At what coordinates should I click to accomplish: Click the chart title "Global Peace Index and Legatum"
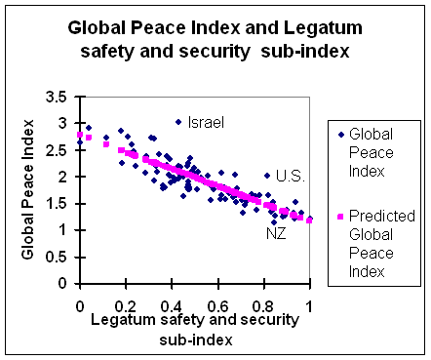point(215,28)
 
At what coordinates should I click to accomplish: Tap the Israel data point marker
point(178,122)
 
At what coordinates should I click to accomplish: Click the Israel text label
point(206,123)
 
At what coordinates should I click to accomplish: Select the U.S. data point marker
point(267,176)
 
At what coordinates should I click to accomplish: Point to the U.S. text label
point(291,177)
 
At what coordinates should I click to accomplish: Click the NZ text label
point(276,233)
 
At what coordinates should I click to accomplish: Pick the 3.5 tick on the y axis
point(57,97)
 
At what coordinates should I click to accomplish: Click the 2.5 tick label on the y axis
point(57,150)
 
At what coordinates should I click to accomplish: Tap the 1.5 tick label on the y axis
point(57,204)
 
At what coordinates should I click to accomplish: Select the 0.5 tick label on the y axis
point(57,258)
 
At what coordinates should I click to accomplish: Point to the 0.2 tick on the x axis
point(126,306)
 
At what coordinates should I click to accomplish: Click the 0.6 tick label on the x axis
point(218,306)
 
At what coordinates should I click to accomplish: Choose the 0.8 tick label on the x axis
point(264,306)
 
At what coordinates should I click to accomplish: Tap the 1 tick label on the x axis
point(309,306)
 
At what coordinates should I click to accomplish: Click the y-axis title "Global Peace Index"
point(27,189)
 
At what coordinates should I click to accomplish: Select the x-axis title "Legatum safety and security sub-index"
point(195,330)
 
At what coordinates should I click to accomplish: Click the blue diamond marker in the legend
point(340,135)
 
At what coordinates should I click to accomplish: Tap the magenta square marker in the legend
point(340,217)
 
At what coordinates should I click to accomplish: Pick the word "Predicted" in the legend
point(382,216)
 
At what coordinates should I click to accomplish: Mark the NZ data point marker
point(274,222)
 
